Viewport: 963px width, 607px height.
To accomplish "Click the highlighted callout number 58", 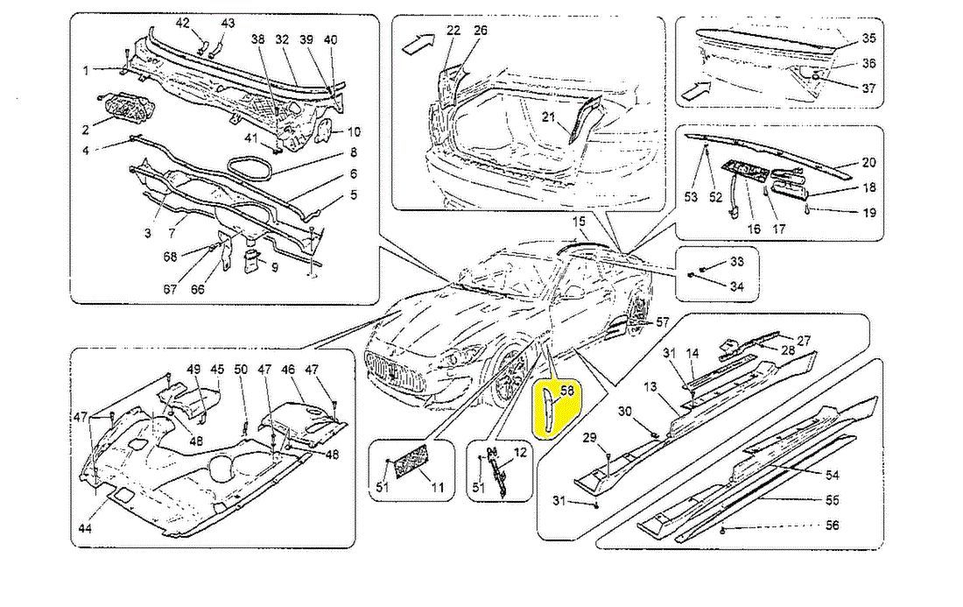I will tap(566, 391).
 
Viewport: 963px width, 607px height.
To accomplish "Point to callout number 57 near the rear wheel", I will tap(662, 321).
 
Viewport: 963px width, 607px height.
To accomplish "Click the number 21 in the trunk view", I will tap(548, 117).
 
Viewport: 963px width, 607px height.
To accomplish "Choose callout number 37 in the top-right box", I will tap(868, 88).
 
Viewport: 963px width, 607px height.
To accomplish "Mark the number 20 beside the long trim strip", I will tap(868, 162).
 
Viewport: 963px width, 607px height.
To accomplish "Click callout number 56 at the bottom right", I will tap(832, 526).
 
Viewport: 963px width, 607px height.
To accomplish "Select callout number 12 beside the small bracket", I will tap(520, 453).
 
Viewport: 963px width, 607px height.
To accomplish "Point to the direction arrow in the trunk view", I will tap(416, 44).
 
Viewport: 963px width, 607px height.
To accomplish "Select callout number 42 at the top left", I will tap(183, 23).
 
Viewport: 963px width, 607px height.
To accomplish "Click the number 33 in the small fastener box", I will tap(736, 261).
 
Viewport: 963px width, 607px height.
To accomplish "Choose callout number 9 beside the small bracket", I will tap(275, 268).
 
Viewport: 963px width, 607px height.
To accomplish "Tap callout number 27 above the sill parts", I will tap(804, 340).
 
